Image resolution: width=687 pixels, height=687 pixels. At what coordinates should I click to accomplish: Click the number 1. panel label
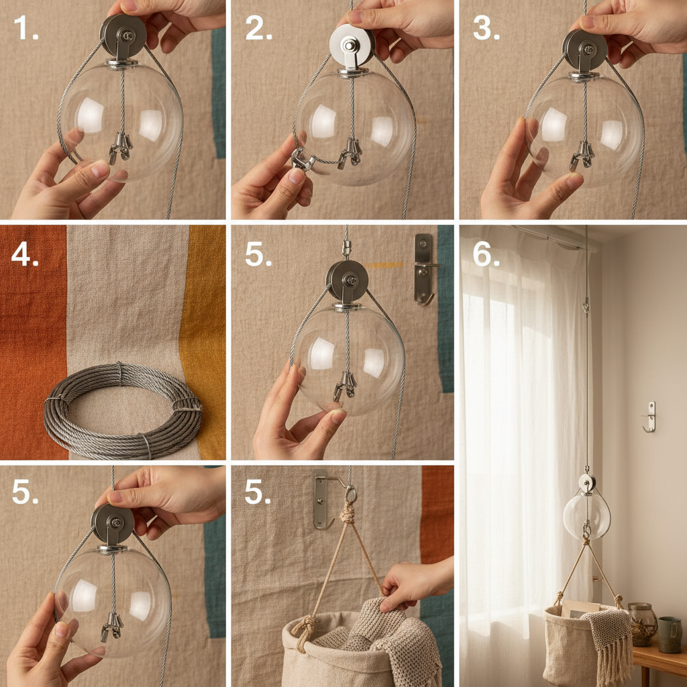(26, 28)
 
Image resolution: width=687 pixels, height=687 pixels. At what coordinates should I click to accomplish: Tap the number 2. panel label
(258, 28)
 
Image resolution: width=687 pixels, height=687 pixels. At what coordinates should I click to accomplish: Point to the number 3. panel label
(486, 28)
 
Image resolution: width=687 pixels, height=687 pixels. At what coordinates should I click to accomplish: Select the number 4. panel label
(25, 254)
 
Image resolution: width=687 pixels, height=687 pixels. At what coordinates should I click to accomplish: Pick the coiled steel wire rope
(123, 410)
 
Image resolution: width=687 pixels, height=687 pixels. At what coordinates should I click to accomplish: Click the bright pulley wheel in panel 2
(352, 46)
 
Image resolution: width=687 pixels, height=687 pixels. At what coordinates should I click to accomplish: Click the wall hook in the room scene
(650, 417)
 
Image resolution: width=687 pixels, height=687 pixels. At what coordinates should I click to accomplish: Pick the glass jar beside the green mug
(643, 625)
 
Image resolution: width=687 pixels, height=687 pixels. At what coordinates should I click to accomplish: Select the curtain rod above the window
(553, 237)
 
